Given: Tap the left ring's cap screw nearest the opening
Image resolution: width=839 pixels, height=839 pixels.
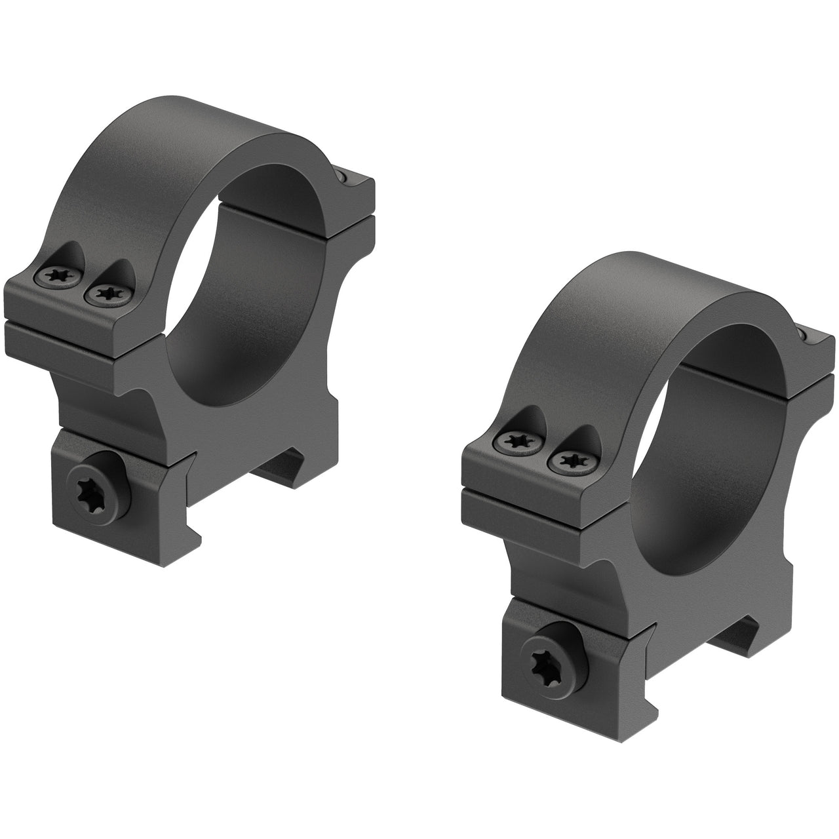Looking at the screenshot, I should [105, 294].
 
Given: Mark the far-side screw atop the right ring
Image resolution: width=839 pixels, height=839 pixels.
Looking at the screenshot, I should [802, 335].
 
